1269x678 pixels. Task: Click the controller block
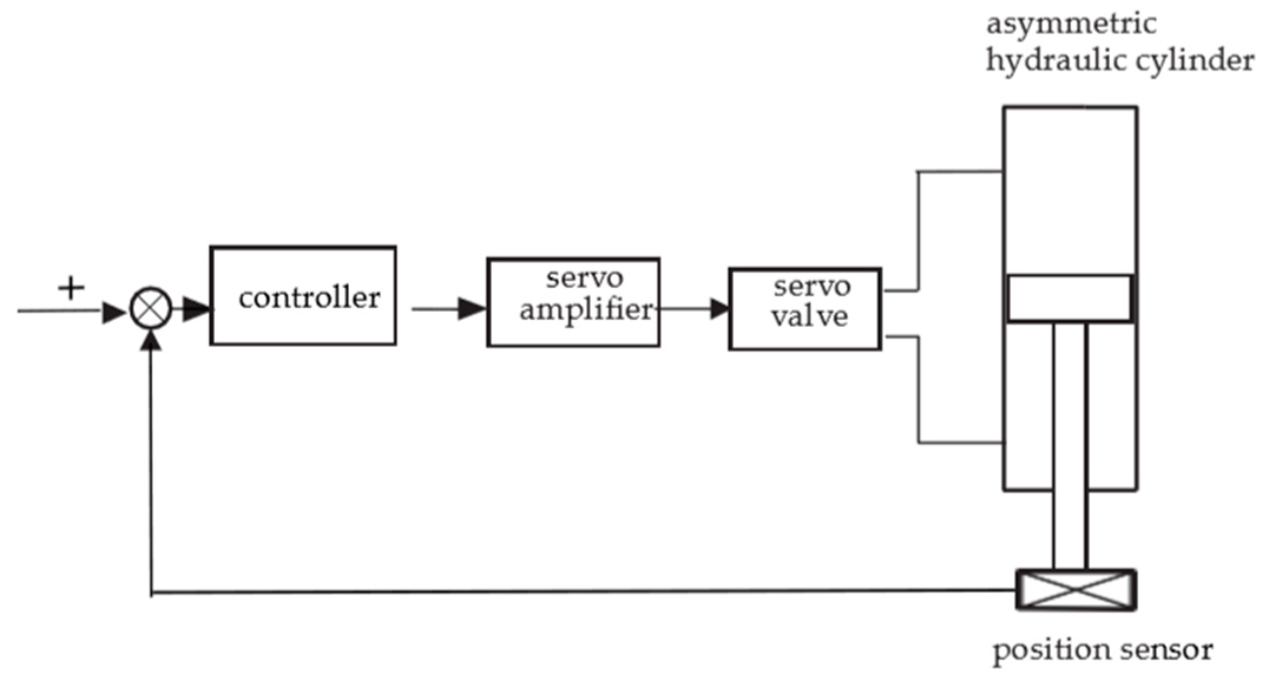tap(303, 296)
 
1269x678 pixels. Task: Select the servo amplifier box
tap(573, 302)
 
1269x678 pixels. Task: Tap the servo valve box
tap(805, 309)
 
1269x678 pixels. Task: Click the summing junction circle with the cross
tap(151, 309)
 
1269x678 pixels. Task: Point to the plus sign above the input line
tap(71, 289)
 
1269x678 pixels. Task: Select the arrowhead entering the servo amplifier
tap(472, 309)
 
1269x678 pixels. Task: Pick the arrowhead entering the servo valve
tap(719, 309)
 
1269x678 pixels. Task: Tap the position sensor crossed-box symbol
tap(1076, 589)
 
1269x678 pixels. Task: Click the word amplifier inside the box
tap(586, 310)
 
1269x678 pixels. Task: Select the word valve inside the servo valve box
tap(810, 317)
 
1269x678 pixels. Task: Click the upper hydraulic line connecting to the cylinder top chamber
tap(943, 172)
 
